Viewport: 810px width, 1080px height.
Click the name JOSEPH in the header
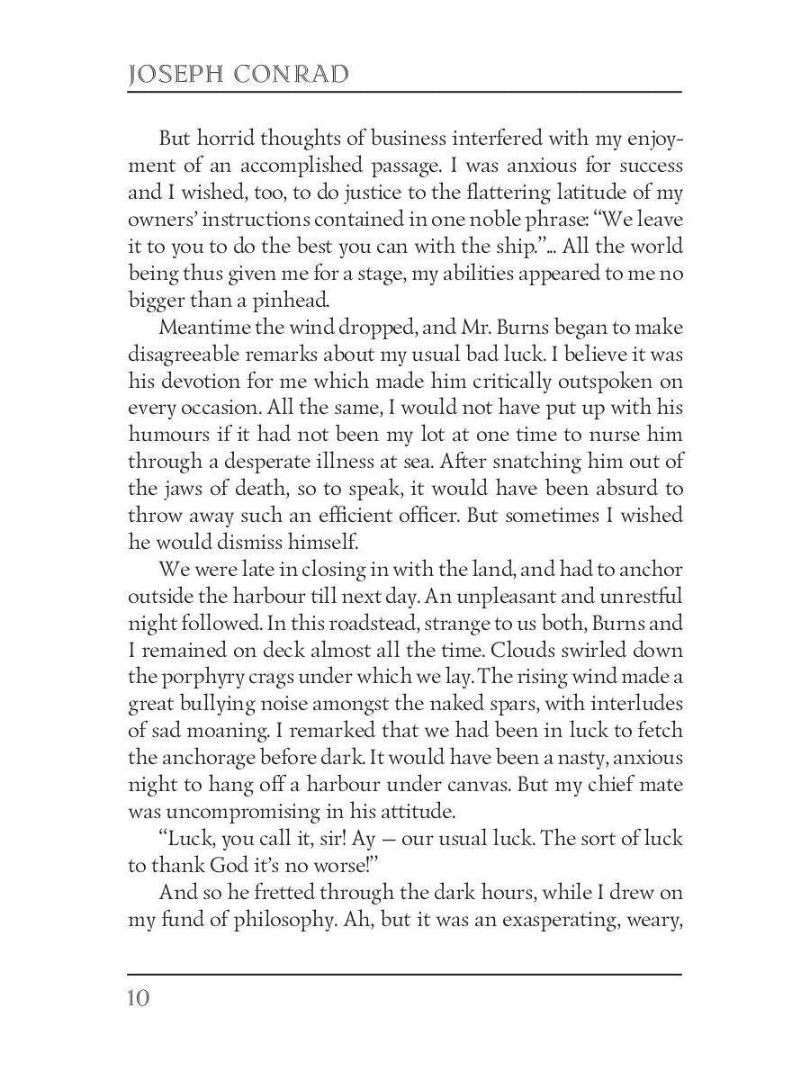[x=174, y=75]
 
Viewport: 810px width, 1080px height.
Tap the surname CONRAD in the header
[x=292, y=75]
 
